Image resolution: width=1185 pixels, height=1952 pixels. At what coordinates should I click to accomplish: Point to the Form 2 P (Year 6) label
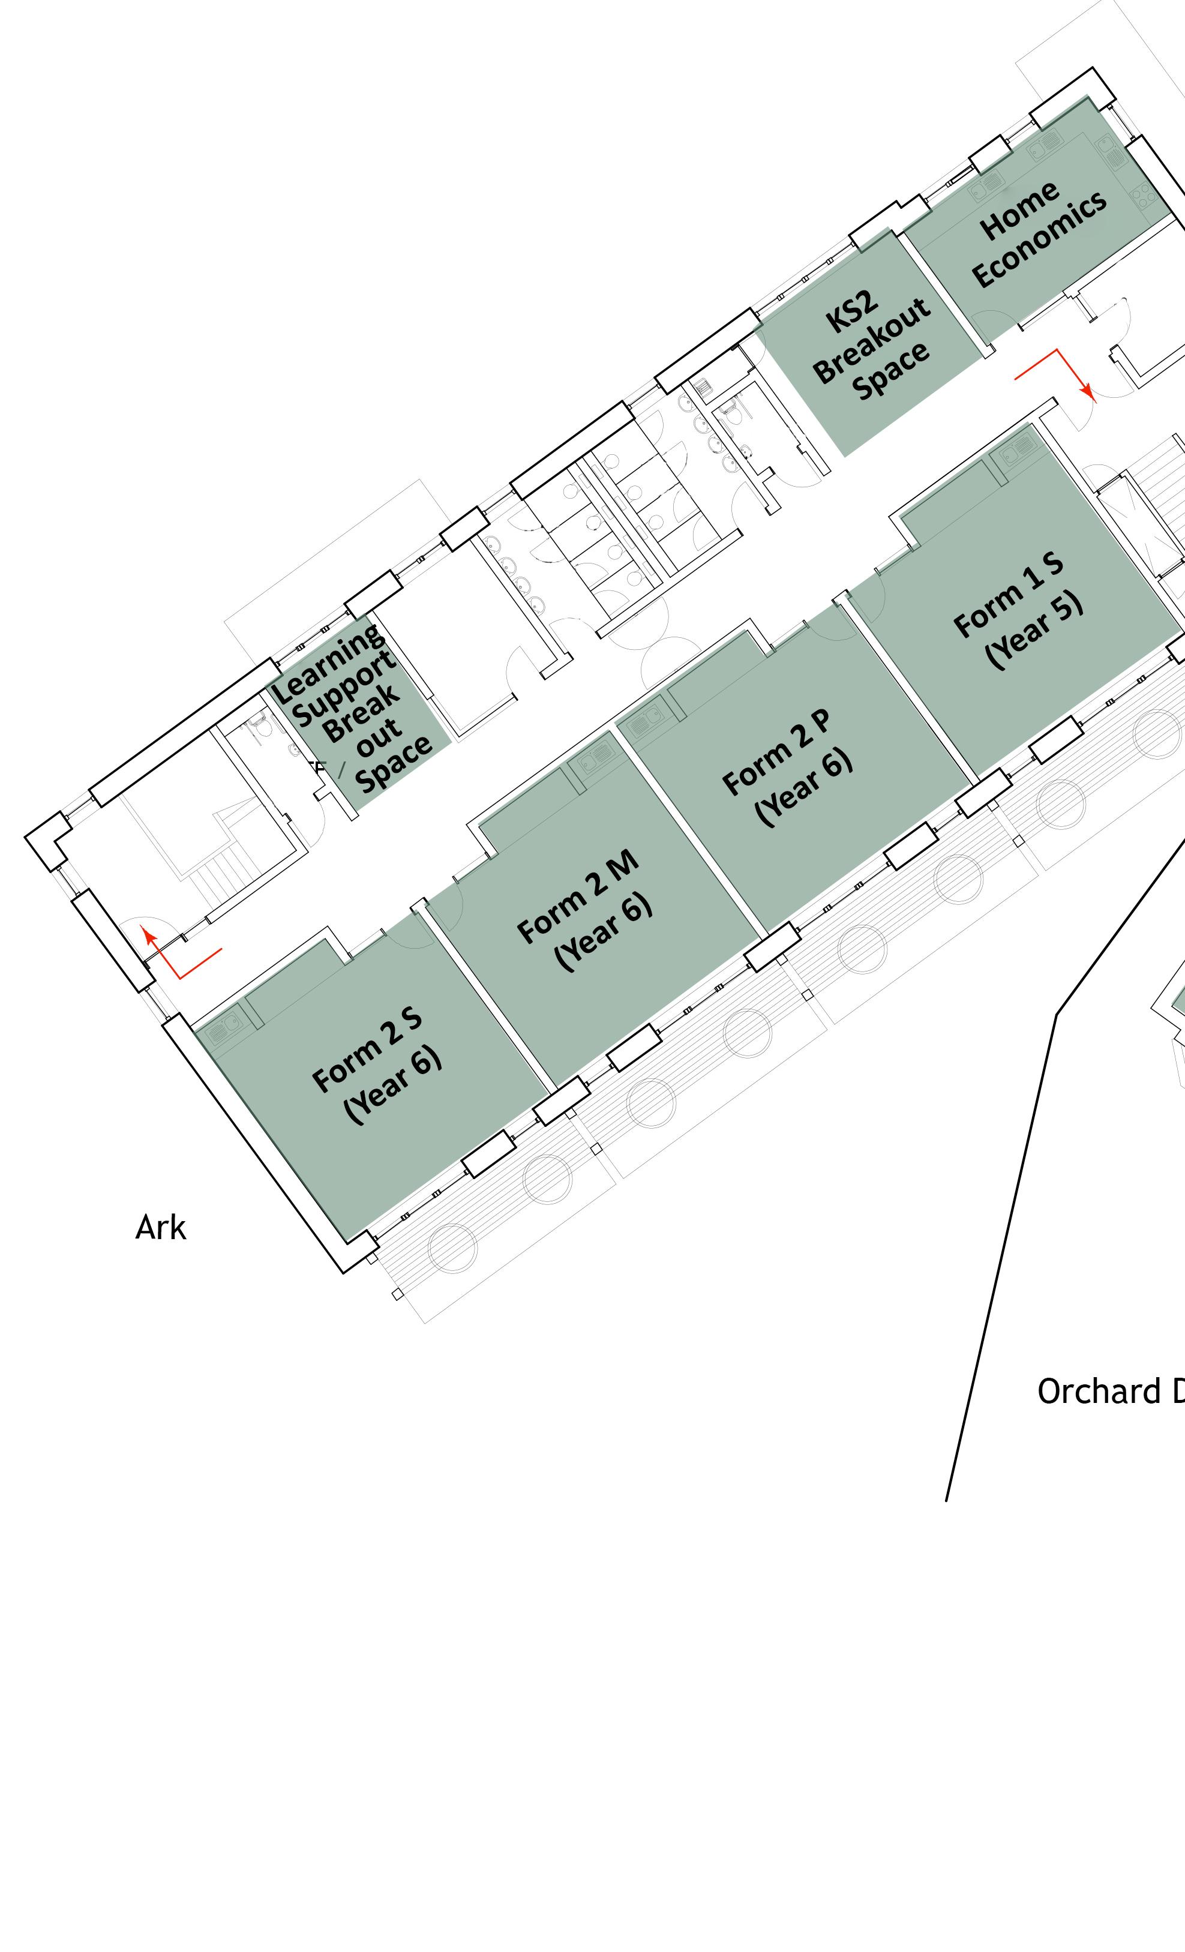(x=789, y=769)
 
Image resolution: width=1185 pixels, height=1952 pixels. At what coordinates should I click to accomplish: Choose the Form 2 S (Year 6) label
(x=378, y=1066)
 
